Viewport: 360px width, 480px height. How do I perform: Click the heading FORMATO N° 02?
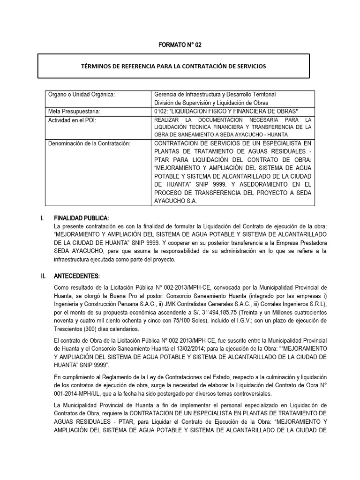pyautogui.click(x=180, y=45)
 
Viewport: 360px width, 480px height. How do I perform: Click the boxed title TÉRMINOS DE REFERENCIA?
pyautogui.click(x=173, y=66)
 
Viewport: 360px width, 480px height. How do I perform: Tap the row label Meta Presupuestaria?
pyautogui.click(x=75, y=111)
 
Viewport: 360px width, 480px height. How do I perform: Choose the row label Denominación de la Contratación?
pyautogui.click(x=89, y=142)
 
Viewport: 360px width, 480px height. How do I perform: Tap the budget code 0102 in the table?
pyautogui.click(x=161, y=111)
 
